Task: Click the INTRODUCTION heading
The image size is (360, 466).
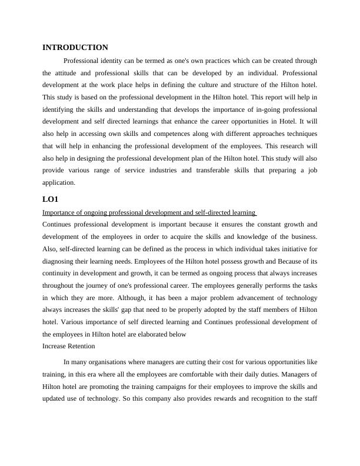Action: coord(75,47)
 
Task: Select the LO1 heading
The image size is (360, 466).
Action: coord(51,199)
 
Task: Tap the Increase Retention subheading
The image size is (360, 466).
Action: coord(69,346)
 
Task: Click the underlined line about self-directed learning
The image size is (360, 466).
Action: coord(149,212)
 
